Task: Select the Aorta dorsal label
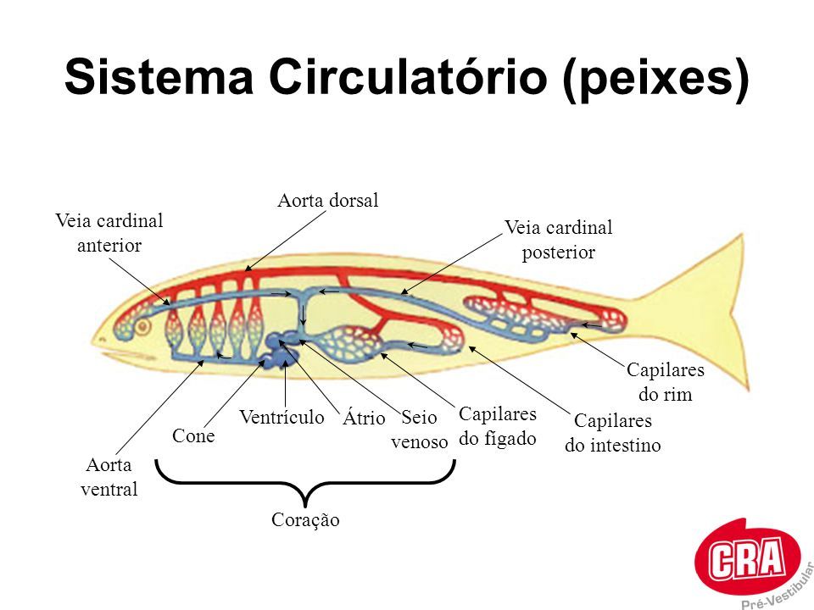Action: tap(327, 201)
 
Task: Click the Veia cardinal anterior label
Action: tap(109, 233)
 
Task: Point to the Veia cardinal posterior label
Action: tap(558, 240)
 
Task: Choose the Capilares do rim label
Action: tap(666, 382)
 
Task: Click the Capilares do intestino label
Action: tap(613, 433)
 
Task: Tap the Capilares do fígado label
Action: tap(498, 426)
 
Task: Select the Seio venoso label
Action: tap(419, 430)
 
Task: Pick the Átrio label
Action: tap(364, 419)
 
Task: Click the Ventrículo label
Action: tap(282, 417)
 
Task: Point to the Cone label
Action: tap(193, 436)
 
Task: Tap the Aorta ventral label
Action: tap(109, 477)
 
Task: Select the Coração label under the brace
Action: tap(305, 520)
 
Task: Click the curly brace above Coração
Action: tap(305, 485)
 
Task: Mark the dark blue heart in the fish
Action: tap(279, 351)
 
